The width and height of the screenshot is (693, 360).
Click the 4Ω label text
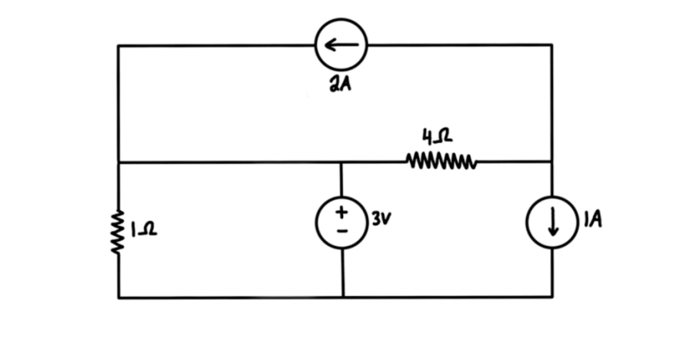pyautogui.click(x=438, y=138)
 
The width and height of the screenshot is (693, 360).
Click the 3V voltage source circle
pyautogui.click(x=342, y=221)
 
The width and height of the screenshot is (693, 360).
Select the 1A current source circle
pyautogui.click(x=551, y=222)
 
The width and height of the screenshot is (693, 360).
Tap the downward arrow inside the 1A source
pyautogui.click(x=552, y=222)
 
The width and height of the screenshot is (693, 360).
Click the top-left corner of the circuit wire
pyautogui.click(x=118, y=45)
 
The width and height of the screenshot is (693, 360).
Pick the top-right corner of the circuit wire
pyautogui.click(x=551, y=45)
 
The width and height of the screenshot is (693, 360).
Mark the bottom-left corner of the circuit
pyautogui.click(x=118, y=297)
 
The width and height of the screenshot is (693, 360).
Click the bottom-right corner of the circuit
pyautogui.click(x=551, y=297)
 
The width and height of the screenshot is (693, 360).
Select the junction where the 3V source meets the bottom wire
pyautogui.click(x=342, y=297)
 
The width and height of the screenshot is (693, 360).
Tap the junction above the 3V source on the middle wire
pyautogui.click(x=342, y=162)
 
